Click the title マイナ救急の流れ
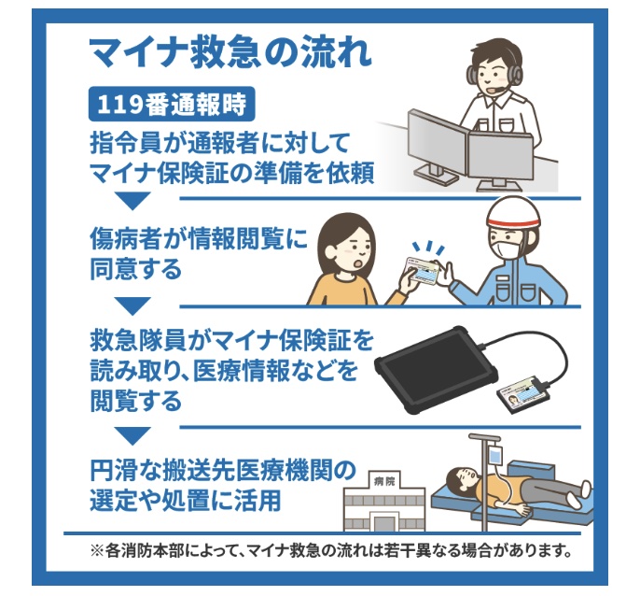click(230, 53)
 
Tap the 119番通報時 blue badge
click(172, 104)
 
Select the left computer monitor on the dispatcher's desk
click(438, 144)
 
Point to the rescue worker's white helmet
click(512, 213)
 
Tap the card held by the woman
click(423, 271)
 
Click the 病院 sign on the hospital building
click(384, 481)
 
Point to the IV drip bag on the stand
click(495, 456)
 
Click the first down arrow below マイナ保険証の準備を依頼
click(132, 201)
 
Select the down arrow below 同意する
click(132, 305)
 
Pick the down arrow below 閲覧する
click(132, 435)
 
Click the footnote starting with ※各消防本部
click(330, 550)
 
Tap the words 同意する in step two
click(135, 269)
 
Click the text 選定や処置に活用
click(186, 500)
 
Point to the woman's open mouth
click(358, 264)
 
